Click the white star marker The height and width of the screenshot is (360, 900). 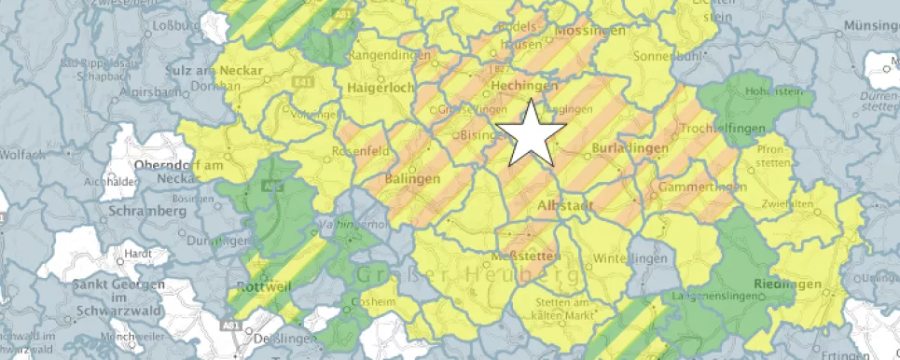pyautogui.click(x=531, y=132)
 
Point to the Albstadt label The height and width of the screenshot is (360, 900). pyautogui.click(x=566, y=204)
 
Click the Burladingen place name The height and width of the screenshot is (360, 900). pyautogui.click(x=630, y=148)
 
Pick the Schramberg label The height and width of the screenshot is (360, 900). pyautogui.click(x=148, y=211)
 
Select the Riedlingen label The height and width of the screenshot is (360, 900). pyautogui.click(x=789, y=284)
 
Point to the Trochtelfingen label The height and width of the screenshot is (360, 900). pyautogui.click(x=723, y=128)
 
